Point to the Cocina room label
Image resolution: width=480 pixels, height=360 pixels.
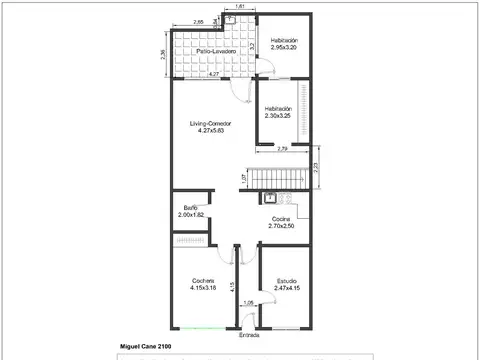[281, 219]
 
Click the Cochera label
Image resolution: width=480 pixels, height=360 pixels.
[203, 281]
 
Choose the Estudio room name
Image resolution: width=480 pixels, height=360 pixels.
[286, 281]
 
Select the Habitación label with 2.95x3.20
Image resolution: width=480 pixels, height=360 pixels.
[284, 41]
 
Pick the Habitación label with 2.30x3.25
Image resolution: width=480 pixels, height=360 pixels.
[278, 108]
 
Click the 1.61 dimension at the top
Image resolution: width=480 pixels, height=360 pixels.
[239, 7]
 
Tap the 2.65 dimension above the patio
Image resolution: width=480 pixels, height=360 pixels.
[199, 21]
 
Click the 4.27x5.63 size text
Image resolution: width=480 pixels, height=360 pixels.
[211, 131]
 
